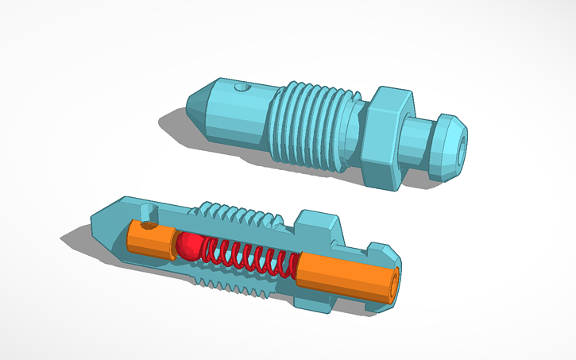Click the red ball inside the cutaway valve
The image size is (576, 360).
coord(188,246)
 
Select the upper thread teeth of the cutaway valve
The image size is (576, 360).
coord(238,215)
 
